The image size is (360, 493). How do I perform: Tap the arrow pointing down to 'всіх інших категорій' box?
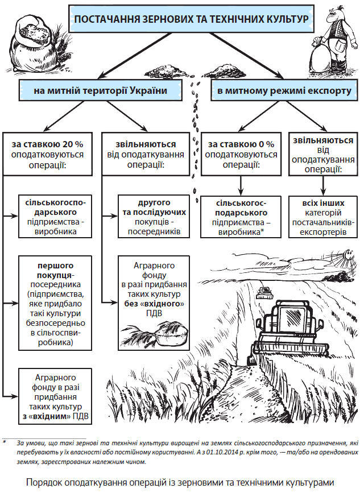point(322,185)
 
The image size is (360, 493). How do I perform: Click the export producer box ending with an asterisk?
point(242,217)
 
